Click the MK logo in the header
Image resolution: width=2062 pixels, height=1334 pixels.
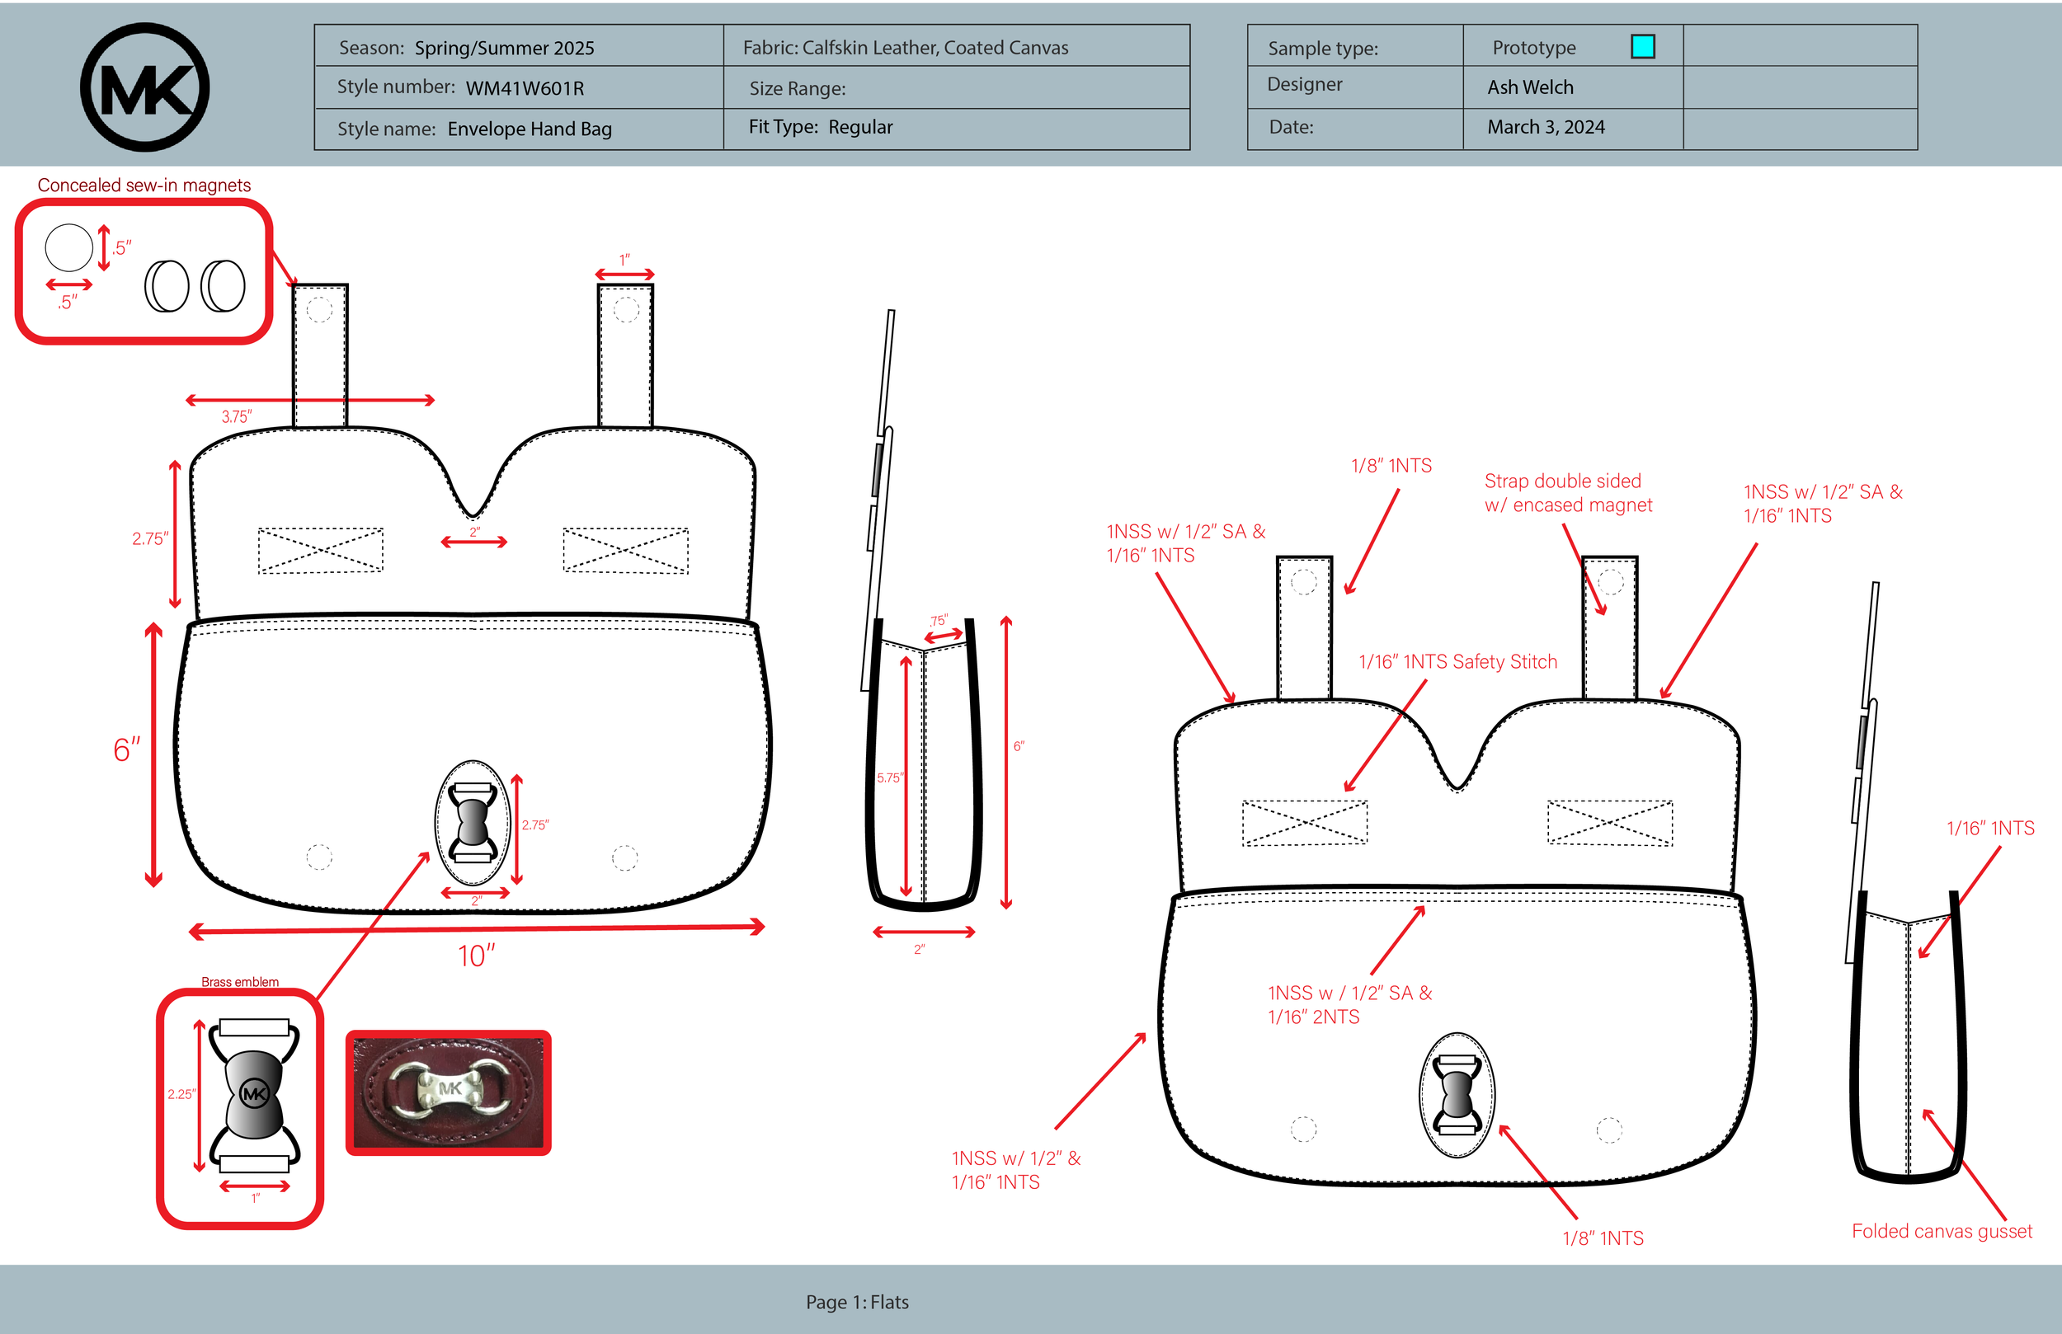coord(144,87)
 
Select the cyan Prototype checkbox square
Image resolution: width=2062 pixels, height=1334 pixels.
coord(1642,47)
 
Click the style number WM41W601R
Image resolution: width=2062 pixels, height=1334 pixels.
coord(525,88)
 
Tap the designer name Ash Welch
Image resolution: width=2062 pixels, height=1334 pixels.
coord(1529,87)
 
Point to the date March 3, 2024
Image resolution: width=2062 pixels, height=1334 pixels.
coord(1545,127)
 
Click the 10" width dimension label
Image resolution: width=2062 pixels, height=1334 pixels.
coord(477,956)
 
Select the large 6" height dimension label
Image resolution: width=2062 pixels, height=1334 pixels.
coord(126,750)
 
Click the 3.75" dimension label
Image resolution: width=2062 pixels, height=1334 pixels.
coord(236,416)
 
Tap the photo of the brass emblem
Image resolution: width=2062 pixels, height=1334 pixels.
coord(449,1092)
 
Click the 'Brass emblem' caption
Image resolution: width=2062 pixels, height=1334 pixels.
coord(240,981)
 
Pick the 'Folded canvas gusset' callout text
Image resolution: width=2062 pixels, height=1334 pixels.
coord(1941,1231)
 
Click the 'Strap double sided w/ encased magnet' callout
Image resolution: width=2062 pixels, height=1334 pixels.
coord(1567,493)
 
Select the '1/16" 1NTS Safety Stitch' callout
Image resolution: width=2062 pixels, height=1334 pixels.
coord(1457,662)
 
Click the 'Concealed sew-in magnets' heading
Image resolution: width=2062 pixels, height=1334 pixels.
coord(144,186)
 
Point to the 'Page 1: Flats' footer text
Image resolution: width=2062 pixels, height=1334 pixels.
coord(856,1302)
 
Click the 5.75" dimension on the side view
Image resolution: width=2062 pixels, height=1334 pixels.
coord(889,777)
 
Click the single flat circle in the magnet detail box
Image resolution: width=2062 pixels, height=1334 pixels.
coord(69,247)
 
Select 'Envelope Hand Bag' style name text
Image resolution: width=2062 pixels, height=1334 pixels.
coord(530,129)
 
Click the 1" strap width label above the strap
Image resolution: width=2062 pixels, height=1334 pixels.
coord(624,260)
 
